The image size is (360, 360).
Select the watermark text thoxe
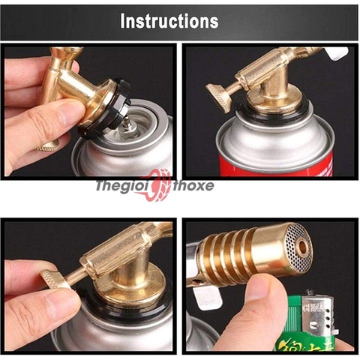193,185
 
